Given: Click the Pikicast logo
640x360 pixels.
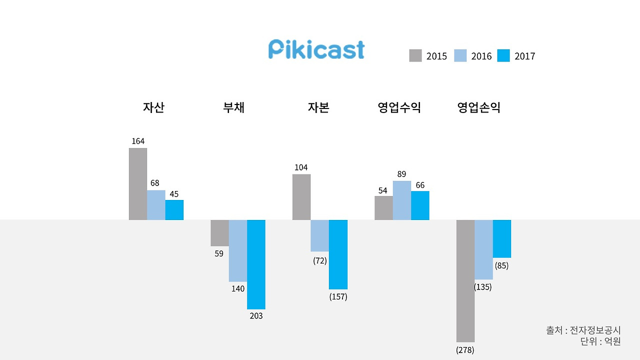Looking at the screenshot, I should (x=316, y=50).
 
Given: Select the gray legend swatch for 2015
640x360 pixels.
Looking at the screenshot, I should (x=415, y=55).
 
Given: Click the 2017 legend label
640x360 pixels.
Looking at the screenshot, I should (x=524, y=56).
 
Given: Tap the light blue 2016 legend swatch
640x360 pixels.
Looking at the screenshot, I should (x=460, y=55).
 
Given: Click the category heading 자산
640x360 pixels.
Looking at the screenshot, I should (x=153, y=107).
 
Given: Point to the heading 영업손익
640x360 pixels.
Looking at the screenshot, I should (x=478, y=107).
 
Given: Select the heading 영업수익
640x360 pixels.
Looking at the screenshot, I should (x=399, y=107).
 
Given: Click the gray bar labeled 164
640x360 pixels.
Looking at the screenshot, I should (x=138, y=184).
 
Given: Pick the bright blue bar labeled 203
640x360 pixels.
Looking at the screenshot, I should (x=256, y=264).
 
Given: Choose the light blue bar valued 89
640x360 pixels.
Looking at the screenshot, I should (x=402, y=200).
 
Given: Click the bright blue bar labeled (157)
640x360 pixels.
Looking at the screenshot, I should (x=338, y=254).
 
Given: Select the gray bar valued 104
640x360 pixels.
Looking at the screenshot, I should (x=301, y=197).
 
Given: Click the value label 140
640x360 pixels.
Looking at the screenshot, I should (x=238, y=288).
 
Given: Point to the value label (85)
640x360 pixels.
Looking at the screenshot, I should (x=501, y=265).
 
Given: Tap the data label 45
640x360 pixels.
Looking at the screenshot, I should (x=174, y=194).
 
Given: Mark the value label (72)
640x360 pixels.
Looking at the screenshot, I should (x=319, y=260).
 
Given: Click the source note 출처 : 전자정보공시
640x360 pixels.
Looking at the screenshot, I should (x=583, y=330).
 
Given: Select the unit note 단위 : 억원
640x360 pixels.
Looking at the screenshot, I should (x=600, y=341).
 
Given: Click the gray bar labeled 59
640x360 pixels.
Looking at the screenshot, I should (x=219, y=232).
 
